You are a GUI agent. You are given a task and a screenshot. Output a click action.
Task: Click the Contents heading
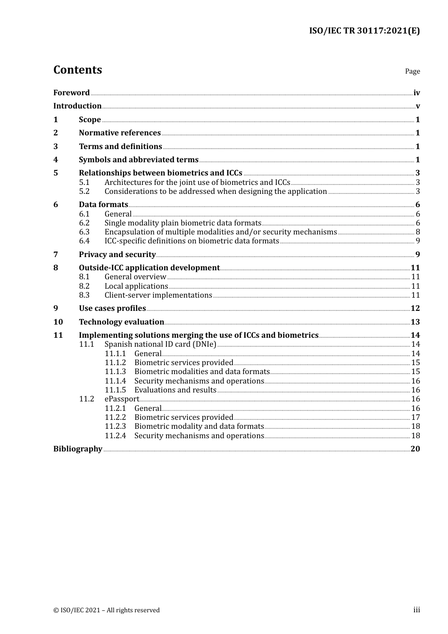tap(77, 70)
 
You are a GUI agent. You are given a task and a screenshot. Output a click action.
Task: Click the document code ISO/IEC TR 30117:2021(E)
tap(364, 31)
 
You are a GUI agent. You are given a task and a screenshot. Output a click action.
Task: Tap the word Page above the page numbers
tap(412, 71)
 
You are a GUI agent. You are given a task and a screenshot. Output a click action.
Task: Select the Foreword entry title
tap(71, 93)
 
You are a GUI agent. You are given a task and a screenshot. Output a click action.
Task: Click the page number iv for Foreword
tap(416, 93)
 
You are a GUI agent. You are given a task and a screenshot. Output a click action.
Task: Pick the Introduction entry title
tap(77, 106)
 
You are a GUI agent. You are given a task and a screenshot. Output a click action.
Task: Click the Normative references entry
tap(120, 133)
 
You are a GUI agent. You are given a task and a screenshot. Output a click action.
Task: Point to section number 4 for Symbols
tap(56, 160)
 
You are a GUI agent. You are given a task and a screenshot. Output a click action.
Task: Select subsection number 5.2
tap(84, 192)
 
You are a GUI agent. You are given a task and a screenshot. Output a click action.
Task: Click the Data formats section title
tap(103, 205)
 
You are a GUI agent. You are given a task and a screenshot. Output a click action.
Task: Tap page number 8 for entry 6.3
tap(417, 232)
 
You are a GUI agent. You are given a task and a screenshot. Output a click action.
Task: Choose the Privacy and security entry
tap(117, 255)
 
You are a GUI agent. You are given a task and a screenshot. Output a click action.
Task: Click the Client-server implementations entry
tap(158, 295)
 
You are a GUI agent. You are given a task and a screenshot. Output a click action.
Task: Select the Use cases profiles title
tap(112, 309)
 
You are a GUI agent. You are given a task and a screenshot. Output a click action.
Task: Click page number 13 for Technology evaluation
tap(415, 322)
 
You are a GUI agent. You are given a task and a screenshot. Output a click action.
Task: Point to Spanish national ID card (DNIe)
tap(160, 344)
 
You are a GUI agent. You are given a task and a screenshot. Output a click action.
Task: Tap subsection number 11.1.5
tap(115, 390)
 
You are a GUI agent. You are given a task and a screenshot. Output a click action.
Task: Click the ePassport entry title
tap(122, 399)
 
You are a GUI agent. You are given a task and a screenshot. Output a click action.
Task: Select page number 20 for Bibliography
tap(415, 449)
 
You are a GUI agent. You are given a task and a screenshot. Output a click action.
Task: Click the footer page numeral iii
tap(416, 610)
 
